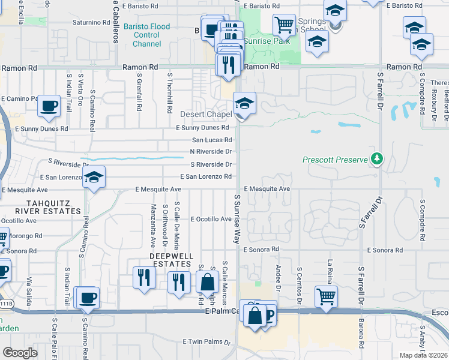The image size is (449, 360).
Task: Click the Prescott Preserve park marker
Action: (377, 159)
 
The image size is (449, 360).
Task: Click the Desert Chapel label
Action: (206, 114)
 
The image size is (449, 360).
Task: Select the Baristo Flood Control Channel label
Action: (147, 35)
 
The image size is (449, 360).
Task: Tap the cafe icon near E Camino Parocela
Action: (49, 106)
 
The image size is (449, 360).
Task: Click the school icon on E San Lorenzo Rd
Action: (94, 177)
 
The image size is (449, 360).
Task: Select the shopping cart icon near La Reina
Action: (326, 296)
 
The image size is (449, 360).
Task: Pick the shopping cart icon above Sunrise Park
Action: (284, 25)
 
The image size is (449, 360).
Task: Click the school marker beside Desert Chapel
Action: (244, 103)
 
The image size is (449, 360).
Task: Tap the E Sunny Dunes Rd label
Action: (202, 128)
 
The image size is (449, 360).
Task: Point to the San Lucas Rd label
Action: (211, 140)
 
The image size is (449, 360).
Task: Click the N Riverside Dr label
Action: (210, 152)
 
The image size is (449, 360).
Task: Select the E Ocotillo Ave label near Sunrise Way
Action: (211, 220)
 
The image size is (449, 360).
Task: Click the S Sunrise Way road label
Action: (238, 218)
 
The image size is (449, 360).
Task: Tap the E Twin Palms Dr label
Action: (206, 341)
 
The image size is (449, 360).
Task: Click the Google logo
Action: (20, 352)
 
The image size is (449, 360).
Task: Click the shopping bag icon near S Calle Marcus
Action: (207, 281)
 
